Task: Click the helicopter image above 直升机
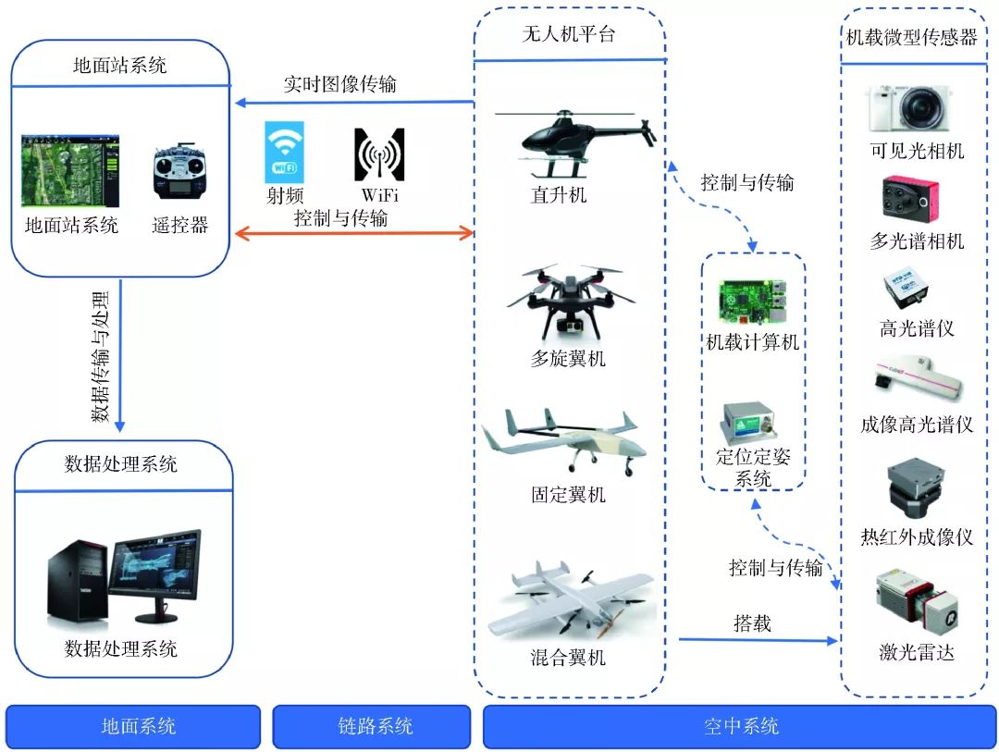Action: click(x=569, y=139)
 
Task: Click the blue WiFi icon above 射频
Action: click(x=284, y=153)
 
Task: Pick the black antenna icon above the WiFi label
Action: click(x=379, y=153)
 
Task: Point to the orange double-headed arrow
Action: click(x=352, y=233)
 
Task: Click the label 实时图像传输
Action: click(x=339, y=85)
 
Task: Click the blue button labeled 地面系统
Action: click(x=133, y=726)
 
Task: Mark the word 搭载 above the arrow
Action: click(x=752, y=623)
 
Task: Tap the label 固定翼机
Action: click(x=569, y=495)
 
